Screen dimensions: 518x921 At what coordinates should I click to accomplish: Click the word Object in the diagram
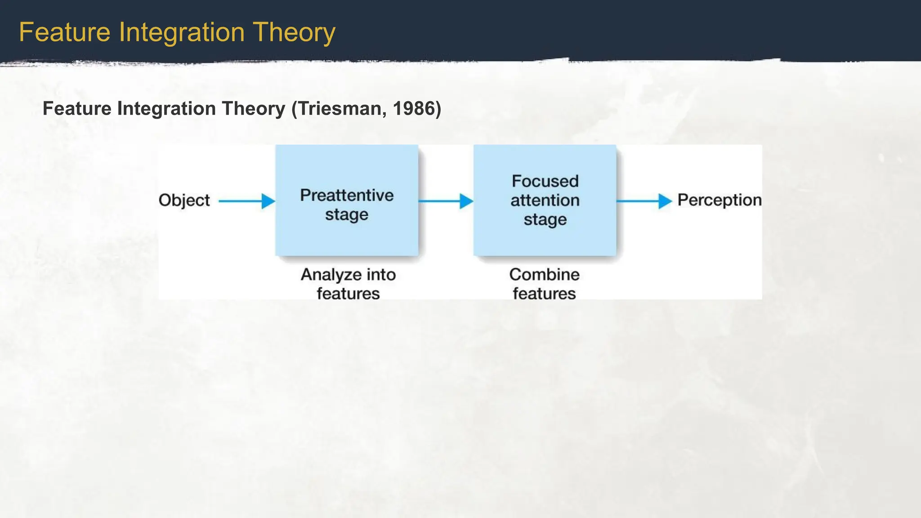(x=184, y=200)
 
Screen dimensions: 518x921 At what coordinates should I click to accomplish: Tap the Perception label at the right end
(x=719, y=200)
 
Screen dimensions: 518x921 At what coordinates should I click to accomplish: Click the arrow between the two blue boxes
(x=445, y=201)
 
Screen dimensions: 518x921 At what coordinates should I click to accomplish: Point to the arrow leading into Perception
(x=644, y=201)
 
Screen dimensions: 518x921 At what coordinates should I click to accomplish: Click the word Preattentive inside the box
(x=347, y=195)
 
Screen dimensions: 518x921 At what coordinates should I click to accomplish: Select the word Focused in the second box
(x=545, y=181)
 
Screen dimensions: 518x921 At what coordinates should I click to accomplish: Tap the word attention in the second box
(x=545, y=200)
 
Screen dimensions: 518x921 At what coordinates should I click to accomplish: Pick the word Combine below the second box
(x=544, y=274)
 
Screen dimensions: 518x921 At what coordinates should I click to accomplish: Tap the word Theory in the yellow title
(x=294, y=32)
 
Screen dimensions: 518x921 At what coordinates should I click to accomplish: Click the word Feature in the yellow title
(x=65, y=32)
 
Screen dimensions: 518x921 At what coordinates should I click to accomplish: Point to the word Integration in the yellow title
(x=182, y=32)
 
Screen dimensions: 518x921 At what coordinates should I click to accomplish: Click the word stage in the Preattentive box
(x=347, y=214)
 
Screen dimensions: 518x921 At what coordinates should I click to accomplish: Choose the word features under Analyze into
(x=348, y=294)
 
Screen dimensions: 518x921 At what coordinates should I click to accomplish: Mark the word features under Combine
(x=544, y=294)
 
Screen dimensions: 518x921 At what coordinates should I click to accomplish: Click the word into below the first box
(x=380, y=275)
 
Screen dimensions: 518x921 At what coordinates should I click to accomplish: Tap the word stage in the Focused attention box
(x=545, y=219)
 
